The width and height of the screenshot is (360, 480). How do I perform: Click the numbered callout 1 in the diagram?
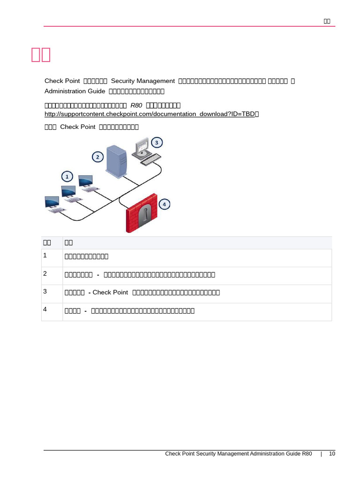click(x=67, y=177)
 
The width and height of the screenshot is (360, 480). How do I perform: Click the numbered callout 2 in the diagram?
click(x=97, y=157)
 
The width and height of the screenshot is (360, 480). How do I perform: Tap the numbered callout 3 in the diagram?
click(x=157, y=142)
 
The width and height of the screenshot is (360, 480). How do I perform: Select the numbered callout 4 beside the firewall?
click(x=164, y=204)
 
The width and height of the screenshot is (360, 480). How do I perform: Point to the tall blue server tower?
click(x=116, y=162)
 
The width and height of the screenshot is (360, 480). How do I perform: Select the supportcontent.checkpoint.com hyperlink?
click(x=150, y=114)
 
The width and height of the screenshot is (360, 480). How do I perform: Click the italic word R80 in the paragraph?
click(x=136, y=105)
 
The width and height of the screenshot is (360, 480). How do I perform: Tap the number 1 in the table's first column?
click(x=45, y=255)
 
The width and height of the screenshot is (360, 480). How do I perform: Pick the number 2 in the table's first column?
click(x=45, y=274)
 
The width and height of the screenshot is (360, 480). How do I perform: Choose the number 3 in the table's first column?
click(x=45, y=292)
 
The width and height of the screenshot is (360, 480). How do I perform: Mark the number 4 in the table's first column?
click(x=45, y=309)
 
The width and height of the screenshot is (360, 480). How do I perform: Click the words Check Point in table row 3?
click(x=110, y=292)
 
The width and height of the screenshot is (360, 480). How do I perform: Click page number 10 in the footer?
click(x=332, y=454)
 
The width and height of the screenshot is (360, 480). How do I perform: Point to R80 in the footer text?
click(x=307, y=454)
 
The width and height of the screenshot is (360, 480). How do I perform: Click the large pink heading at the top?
click(x=41, y=54)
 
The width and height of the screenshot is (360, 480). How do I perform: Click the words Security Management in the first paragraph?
click(x=142, y=81)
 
